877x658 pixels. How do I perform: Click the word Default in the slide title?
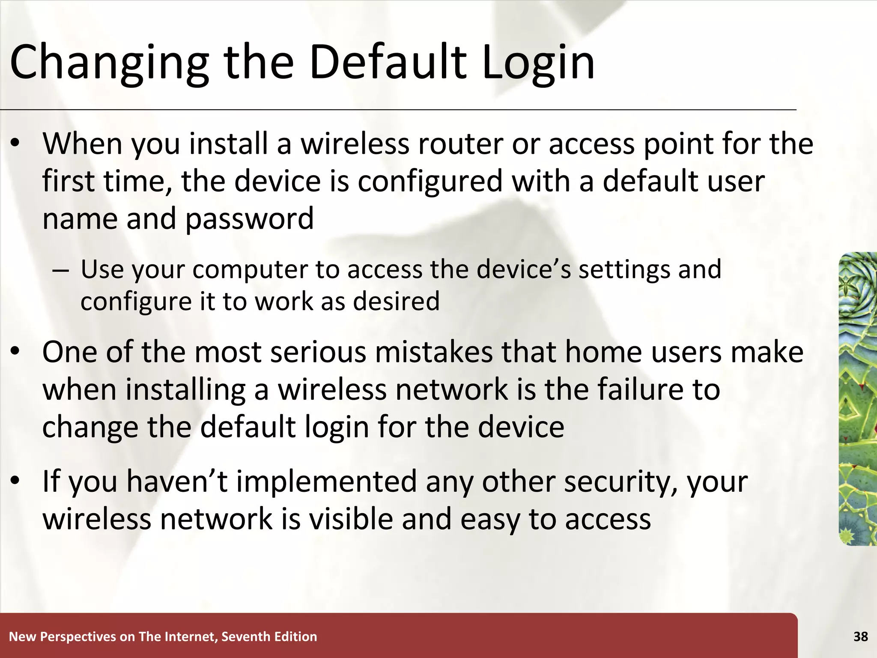388,62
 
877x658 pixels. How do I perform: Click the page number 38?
860,637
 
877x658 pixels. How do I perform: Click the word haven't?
177,482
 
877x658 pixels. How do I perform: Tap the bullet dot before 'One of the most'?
15,352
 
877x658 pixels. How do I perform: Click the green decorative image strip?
858,398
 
